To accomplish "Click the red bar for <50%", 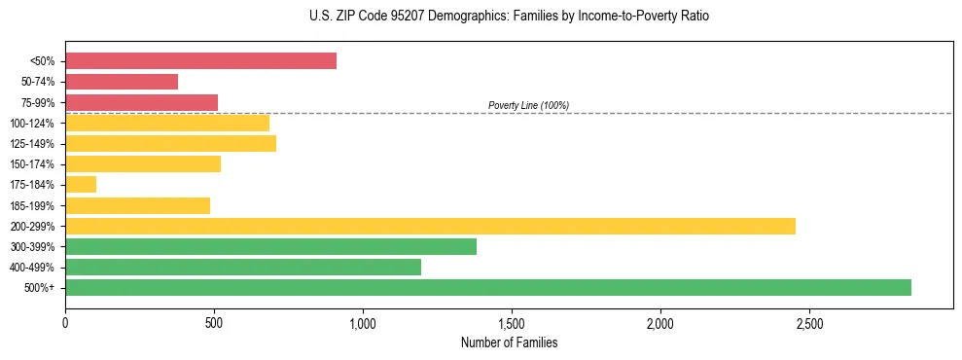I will pos(200,61).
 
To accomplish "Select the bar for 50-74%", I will pos(122,82).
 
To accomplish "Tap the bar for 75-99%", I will pos(141,102).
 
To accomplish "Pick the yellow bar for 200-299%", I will pos(430,226).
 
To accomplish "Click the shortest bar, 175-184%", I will pos(81,185).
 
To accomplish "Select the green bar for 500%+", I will pos(488,287).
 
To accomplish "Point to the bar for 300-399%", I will pos(270,246).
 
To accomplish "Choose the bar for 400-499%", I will pos(243,267).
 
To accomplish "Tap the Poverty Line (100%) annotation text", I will pos(528,105).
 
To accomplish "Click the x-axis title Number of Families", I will pos(509,342).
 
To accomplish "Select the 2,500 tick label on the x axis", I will pos(808,323).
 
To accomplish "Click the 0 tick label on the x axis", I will pos(65,323).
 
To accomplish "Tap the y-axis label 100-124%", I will pos(32,124).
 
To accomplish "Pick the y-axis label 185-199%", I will pos(32,206).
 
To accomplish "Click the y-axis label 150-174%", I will pos(32,164).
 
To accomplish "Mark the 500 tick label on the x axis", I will pos(214,323).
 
